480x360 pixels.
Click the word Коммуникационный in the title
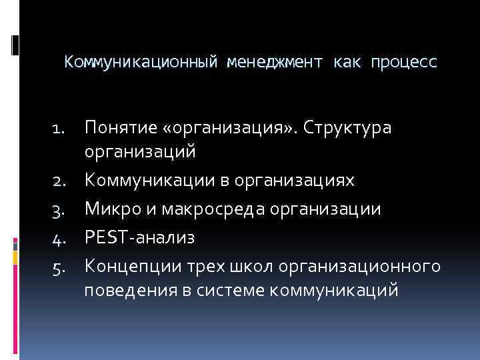(x=142, y=63)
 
